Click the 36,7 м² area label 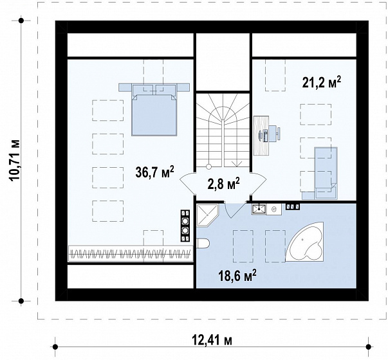click(154, 172)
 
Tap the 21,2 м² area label click(322, 82)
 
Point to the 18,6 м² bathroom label click(237, 276)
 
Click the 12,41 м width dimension click(212, 341)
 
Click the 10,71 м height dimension click(15, 161)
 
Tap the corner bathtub click(304, 242)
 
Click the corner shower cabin click(208, 215)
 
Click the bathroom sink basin click(259, 209)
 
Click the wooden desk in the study click(261, 136)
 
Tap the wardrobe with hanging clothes click(131, 253)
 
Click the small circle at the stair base click(208, 166)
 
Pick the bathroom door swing click(234, 210)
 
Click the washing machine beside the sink click(273, 210)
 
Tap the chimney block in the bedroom click(185, 226)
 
